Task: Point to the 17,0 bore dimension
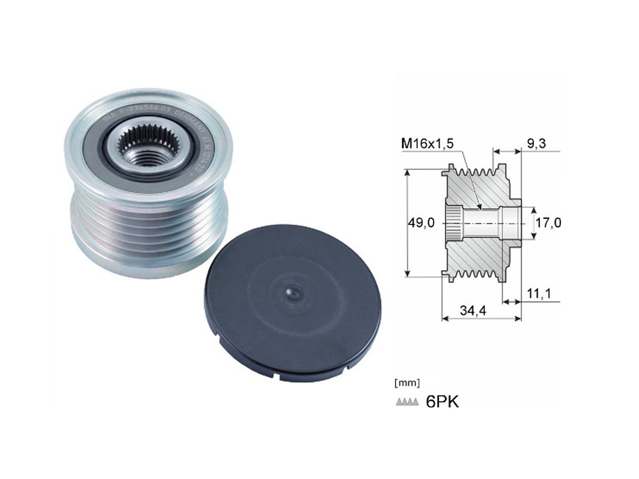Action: pyautogui.click(x=548, y=223)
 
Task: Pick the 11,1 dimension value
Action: pyautogui.click(x=538, y=293)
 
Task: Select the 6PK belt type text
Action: pyautogui.click(x=442, y=402)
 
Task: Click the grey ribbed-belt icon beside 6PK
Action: pyautogui.click(x=407, y=402)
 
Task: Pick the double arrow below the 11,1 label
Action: pyautogui.click(x=512, y=302)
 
